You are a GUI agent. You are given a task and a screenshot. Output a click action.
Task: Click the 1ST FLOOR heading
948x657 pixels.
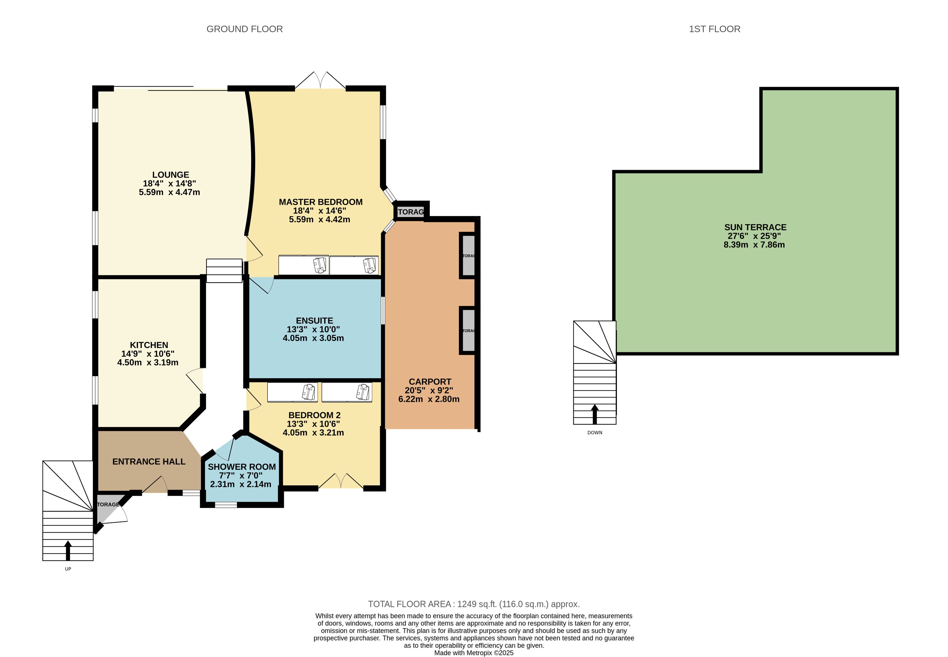pos(714,29)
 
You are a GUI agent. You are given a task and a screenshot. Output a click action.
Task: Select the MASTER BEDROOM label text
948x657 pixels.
pos(320,202)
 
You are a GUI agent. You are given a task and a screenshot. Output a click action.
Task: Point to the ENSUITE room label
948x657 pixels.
pos(314,321)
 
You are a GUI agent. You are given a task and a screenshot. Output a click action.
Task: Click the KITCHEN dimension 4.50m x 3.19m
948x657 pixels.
pos(148,363)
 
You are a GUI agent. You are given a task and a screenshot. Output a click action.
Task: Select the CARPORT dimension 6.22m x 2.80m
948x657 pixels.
pos(429,399)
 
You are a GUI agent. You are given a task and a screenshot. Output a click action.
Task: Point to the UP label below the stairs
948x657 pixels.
pos(68,569)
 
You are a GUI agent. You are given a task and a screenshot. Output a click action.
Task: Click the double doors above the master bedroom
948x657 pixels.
pos(320,80)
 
